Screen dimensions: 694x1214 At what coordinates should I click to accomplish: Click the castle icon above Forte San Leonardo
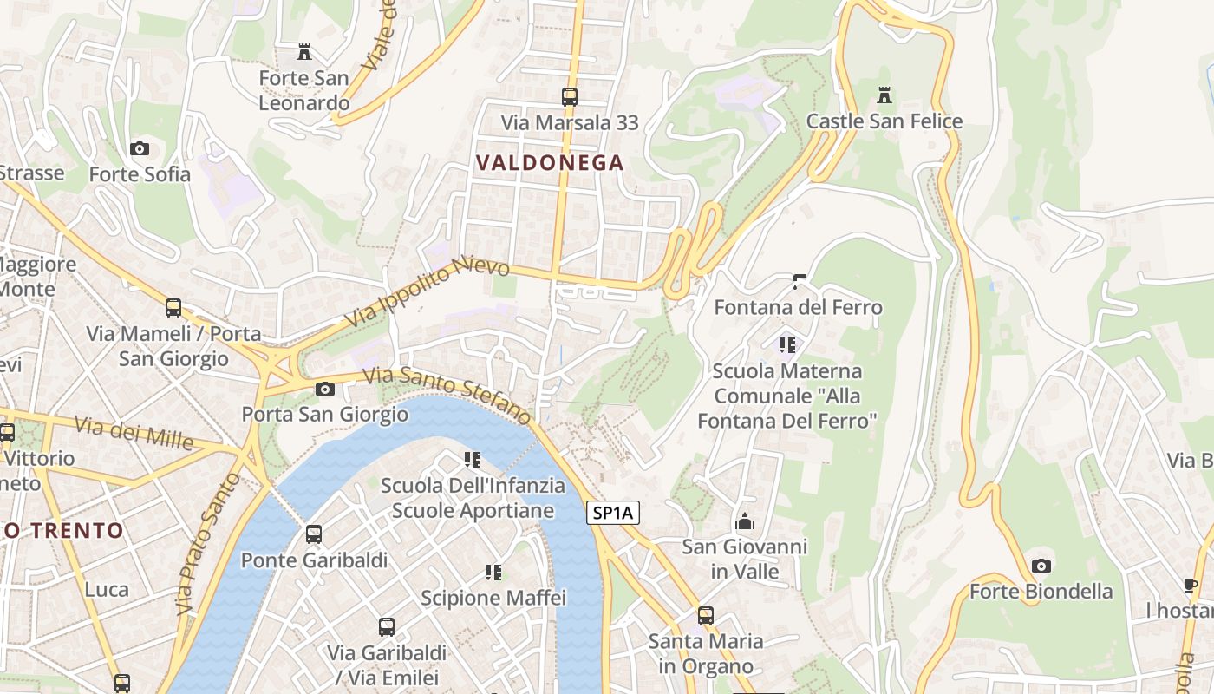(x=303, y=52)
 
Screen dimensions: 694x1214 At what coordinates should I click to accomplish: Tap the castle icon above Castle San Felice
(x=884, y=95)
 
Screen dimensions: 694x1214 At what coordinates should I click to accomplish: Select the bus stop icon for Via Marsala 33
(x=570, y=96)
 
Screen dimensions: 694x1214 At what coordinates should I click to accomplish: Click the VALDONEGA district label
(x=550, y=162)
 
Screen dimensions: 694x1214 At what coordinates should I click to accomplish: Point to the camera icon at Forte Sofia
(x=140, y=149)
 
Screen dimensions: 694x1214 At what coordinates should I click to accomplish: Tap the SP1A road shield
(x=613, y=513)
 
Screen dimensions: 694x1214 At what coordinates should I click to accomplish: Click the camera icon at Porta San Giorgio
(x=325, y=389)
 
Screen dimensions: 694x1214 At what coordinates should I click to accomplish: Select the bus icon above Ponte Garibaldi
(x=314, y=534)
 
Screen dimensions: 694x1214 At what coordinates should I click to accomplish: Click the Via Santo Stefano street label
(x=446, y=396)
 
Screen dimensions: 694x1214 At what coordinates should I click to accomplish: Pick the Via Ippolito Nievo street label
(x=427, y=291)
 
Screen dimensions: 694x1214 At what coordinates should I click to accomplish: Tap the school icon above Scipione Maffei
(x=493, y=572)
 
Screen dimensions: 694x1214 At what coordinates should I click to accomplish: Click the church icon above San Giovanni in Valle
(x=744, y=521)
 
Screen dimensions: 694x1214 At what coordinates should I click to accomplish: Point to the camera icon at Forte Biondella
(x=1041, y=566)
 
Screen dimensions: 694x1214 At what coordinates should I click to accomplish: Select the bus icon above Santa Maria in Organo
(x=706, y=616)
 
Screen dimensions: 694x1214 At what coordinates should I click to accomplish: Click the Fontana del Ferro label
(x=798, y=307)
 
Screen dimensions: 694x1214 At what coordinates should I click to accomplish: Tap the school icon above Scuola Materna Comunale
(x=787, y=345)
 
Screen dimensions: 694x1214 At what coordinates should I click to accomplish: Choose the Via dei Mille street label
(x=134, y=433)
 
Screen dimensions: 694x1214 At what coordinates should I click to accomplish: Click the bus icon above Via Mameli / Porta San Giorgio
(x=173, y=308)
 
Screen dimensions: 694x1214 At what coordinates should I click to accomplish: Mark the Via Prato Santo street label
(x=196, y=544)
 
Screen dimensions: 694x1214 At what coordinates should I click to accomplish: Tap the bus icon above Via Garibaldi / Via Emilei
(x=387, y=626)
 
